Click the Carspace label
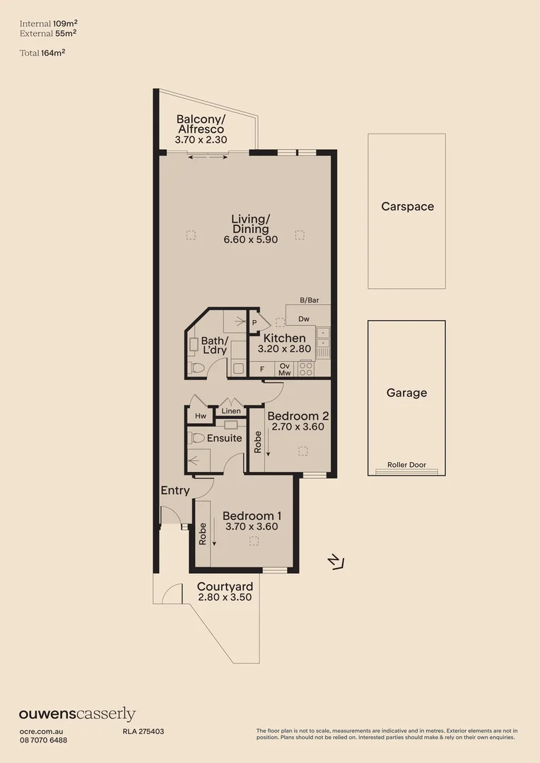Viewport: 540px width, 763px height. [x=407, y=207]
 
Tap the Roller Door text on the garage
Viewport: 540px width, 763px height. [x=406, y=466]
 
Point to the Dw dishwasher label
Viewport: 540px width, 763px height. [x=303, y=319]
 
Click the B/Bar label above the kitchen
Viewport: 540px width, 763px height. [x=309, y=300]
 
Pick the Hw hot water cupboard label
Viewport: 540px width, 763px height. [x=200, y=417]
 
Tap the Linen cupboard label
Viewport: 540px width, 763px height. [x=231, y=411]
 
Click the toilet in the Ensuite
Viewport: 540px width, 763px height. [x=197, y=438]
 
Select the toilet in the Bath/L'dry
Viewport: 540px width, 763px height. [x=198, y=367]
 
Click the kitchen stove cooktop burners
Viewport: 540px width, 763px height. [x=307, y=368]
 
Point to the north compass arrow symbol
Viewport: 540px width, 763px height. [x=336, y=562]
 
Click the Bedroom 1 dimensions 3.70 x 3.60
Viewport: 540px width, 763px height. [x=251, y=526]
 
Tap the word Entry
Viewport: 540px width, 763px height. [x=175, y=490]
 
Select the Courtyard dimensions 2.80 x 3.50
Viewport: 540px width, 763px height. [x=225, y=597]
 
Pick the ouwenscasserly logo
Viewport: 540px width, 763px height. [x=77, y=714]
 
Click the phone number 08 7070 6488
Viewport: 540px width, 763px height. [x=43, y=740]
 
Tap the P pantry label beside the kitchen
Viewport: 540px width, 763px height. [x=254, y=323]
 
